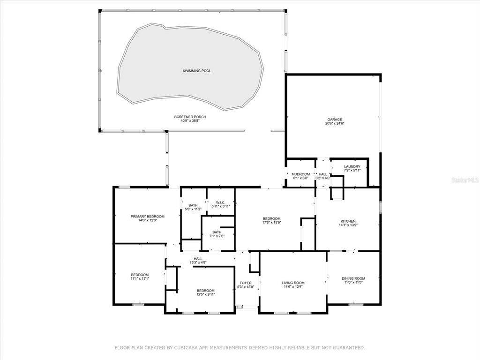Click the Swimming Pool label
[197, 71]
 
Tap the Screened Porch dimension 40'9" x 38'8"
[190, 120]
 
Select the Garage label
[335, 120]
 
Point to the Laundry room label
[352, 167]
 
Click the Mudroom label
[300, 174]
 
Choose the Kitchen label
[348, 221]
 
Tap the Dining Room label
[353, 278]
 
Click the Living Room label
[293, 283]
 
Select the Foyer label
[246, 283]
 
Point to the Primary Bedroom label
[148, 217]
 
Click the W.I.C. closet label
[220, 202]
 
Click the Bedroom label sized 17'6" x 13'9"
[271, 218]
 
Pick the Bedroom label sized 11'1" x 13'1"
[140, 275]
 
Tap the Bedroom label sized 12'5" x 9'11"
[205, 291]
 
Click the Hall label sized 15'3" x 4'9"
[198, 259]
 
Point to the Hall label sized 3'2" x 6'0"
[322, 174]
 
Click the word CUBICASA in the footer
[187, 347]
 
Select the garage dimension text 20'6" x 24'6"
[335, 124]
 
